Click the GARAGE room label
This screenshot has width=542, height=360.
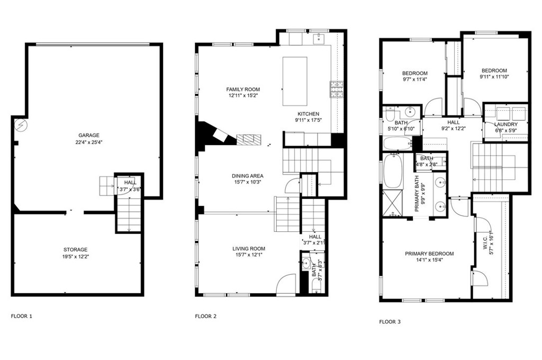point(89,135)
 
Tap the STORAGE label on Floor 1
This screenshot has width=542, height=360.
point(76,249)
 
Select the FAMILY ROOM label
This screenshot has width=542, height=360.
point(243,89)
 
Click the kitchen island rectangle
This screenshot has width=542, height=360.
point(295,81)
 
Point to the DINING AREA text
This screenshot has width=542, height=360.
point(247,176)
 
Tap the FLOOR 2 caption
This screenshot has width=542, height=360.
point(206,316)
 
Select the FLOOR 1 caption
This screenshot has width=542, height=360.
point(22,316)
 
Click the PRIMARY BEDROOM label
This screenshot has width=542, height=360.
point(429,254)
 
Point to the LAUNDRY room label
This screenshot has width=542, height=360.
point(505,124)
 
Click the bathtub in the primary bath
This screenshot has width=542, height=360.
point(392,170)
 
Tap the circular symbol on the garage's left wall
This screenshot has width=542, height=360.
point(20,125)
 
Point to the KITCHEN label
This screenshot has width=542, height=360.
point(308,114)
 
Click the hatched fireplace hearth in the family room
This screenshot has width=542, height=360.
point(249,139)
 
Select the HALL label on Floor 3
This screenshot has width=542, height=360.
point(453,122)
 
